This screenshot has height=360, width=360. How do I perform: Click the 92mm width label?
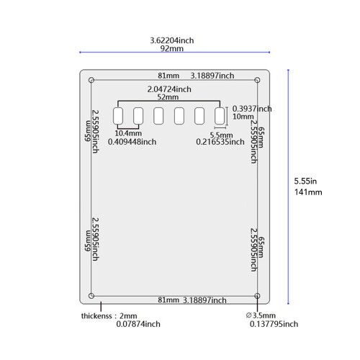172,48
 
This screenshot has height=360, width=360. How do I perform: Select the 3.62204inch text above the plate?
172,40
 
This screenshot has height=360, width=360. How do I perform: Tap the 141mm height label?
308,192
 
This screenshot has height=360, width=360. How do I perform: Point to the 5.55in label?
305,181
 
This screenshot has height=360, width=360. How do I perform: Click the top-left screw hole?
91,80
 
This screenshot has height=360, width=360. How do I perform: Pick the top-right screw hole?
257,80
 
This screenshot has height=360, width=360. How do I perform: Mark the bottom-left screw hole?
91,296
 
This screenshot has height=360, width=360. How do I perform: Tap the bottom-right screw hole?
257,296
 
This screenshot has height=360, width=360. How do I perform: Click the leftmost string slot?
118,116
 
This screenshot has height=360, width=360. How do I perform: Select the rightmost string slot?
220,116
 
